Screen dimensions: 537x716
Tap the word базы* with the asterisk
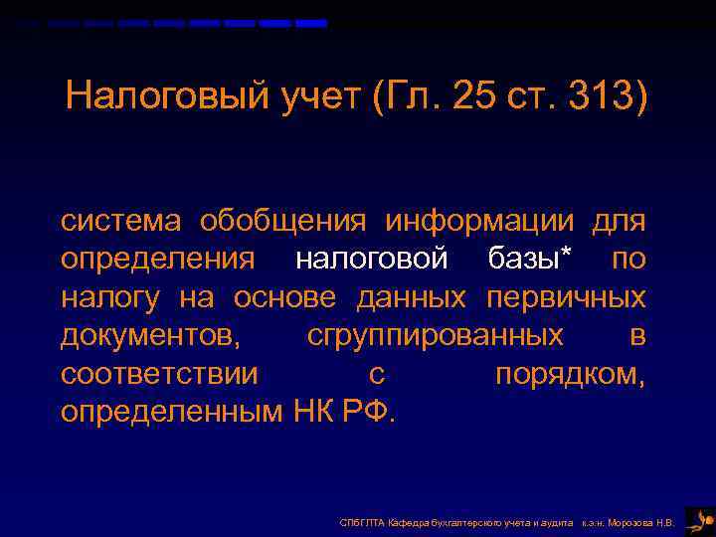pos(531,259)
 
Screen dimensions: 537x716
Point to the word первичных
pos(566,297)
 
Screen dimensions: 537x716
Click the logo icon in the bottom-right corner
pos(699,520)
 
